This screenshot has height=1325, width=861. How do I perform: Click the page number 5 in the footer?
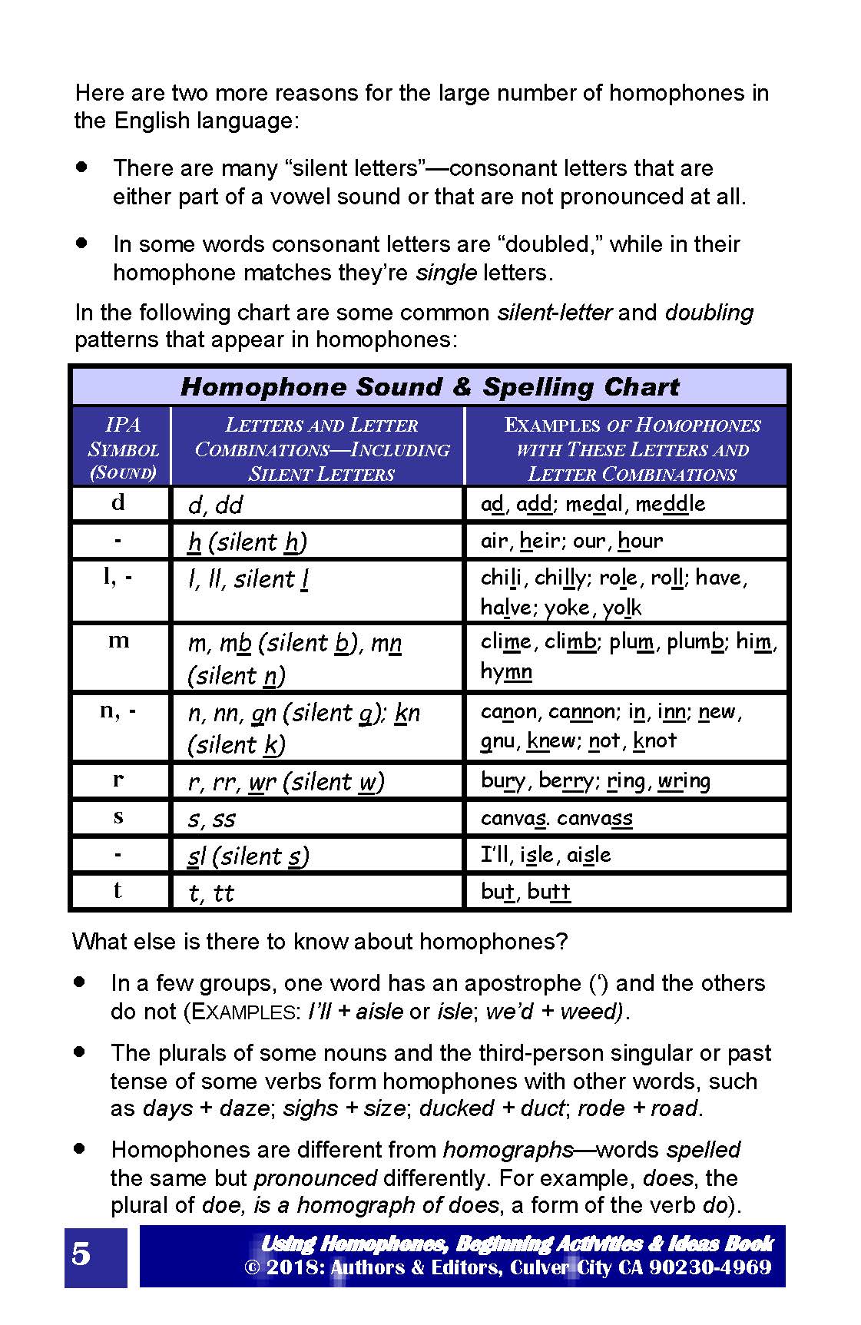tap(81, 1255)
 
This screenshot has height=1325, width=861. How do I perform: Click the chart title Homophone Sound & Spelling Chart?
tap(429, 386)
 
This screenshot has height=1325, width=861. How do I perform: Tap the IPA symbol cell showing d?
tap(118, 503)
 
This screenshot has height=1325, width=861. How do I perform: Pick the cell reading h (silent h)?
tap(247, 542)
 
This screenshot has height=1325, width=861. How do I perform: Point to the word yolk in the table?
tap(622, 608)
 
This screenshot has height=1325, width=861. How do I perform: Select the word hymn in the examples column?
tap(506, 671)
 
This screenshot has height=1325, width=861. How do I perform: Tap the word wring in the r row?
tap(684, 781)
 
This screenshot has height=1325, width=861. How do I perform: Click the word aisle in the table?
tap(589, 855)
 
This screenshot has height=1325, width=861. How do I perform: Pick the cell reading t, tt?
tap(211, 893)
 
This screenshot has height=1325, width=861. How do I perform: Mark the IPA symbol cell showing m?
tap(118, 641)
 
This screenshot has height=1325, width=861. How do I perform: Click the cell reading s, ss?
tap(212, 819)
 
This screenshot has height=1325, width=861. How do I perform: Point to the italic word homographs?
tap(508, 1150)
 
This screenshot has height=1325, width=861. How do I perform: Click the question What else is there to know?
tap(320, 942)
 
